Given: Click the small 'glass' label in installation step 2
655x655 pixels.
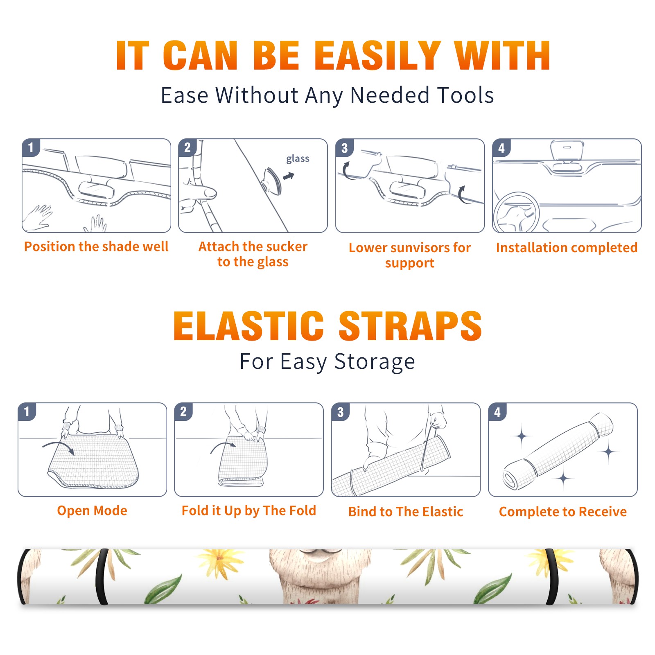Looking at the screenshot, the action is [298, 158].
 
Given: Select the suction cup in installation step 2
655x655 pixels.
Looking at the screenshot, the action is [273, 180].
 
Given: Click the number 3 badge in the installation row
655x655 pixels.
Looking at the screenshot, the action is [344, 148].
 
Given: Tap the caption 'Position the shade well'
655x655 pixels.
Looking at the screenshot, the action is [96, 246].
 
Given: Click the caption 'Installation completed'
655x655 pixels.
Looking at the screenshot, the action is [567, 247].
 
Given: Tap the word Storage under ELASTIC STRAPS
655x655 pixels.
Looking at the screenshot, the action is [375, 362].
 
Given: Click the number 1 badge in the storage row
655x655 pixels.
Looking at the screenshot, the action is [27, 412].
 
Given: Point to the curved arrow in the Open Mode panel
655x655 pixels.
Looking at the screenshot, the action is [59, 447].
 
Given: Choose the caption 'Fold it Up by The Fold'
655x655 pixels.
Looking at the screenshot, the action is [249, 510].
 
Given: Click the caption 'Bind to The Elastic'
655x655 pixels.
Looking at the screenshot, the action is [406, 511].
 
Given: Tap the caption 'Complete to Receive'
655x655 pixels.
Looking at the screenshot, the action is [563, 511].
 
